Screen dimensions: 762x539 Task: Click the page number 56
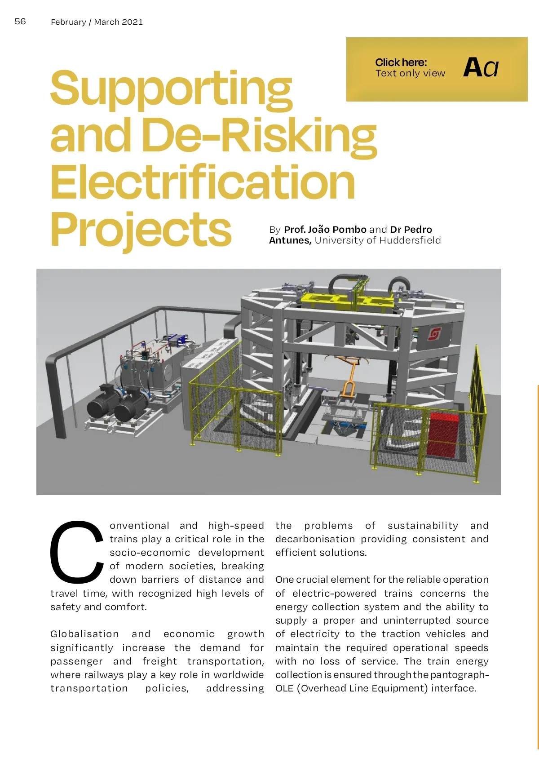pos(20,22)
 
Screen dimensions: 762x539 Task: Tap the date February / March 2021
pos(97,22)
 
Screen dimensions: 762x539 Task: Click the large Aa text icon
pos(481,68)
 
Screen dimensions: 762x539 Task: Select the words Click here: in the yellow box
pos(401,62)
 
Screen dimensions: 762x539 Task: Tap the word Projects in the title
pos(141,230)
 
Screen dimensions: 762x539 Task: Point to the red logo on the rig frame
pos(434,334)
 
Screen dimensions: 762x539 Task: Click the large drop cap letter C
pos(76,551)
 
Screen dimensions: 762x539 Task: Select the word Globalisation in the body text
pos(84,634)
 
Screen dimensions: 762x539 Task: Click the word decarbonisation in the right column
pos(315,539)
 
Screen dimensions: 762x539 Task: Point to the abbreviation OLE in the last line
pos(284,688)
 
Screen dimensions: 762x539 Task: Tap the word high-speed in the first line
pos(236,526)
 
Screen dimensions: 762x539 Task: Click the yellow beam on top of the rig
pos(346,300)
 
